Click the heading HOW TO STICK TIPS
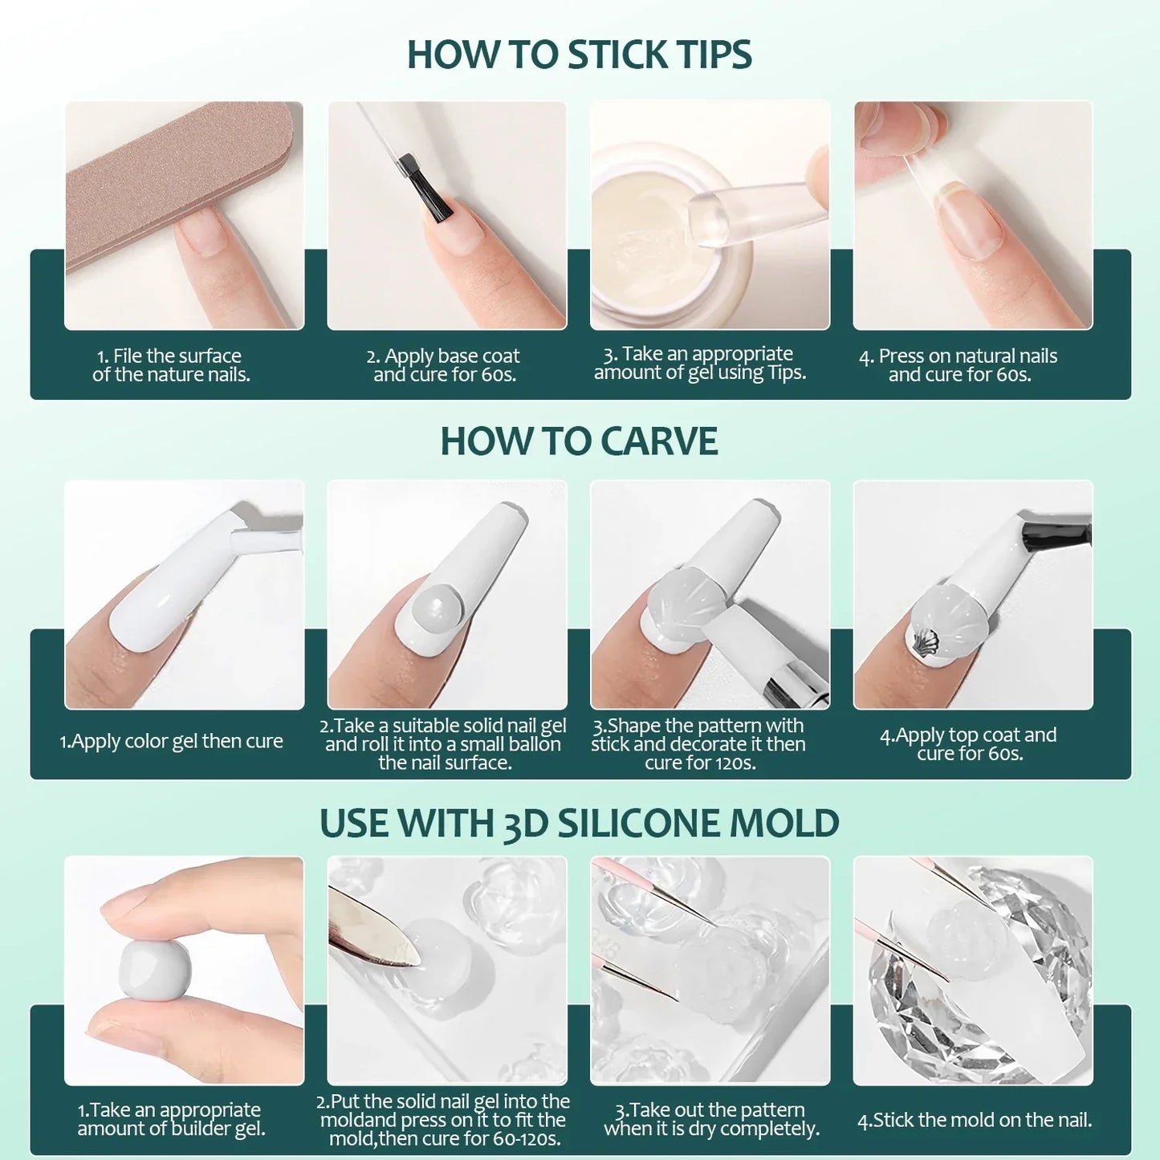[x=579, y=55]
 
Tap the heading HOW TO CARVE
[x=579, y=442]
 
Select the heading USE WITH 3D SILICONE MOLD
[x=579, y=824]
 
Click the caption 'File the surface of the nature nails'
[x=171, y=365]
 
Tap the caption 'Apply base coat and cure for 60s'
[x=444, y=365]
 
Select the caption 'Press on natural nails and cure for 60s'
[x=959, y=365]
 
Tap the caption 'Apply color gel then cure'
[x=171, y=741]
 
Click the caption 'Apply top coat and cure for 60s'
[x=969, y=744]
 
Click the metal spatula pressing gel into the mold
[x=369, y=931]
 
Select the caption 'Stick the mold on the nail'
[x=975, y=1120]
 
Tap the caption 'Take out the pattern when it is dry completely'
[x=711, y=1119]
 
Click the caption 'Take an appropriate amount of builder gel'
[x=170, y=1119]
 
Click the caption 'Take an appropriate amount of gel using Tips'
[x=699, y=363]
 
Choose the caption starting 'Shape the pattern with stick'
[x=698, y=744]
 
